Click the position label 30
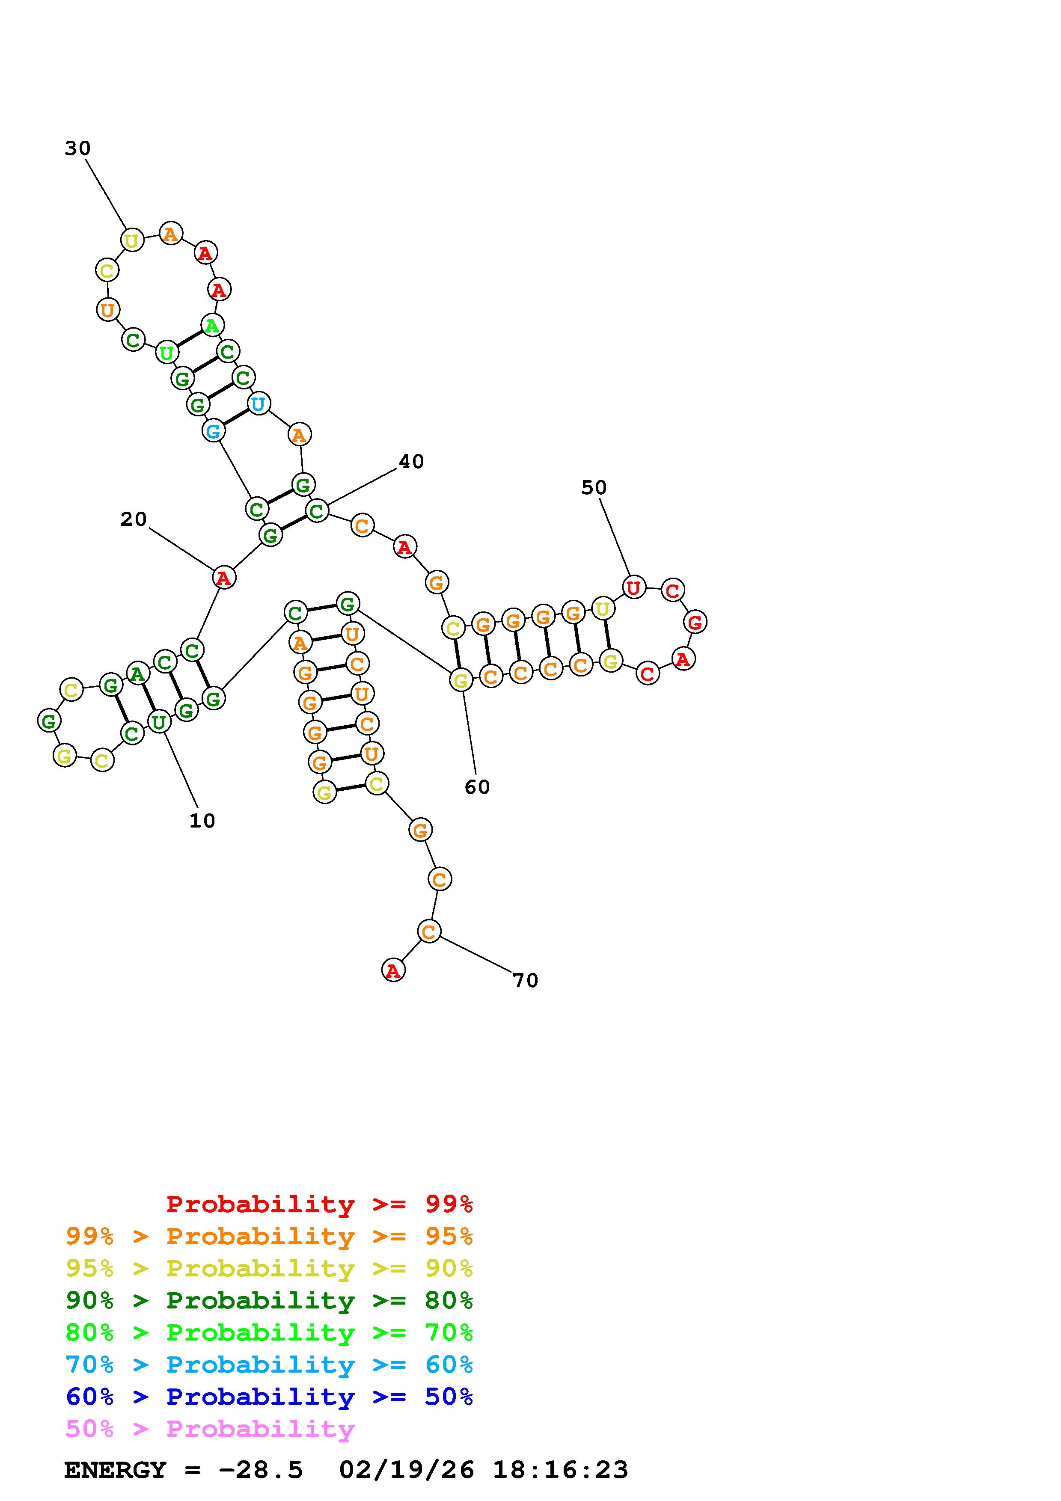[x=77, y=149]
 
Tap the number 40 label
[x=411, y=462]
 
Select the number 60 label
[x=477, y=787]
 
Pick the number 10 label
[x=202, y=821]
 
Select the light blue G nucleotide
[x=213, y=431]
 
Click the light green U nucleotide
[x=166, y=353]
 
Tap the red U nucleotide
[x=633, y=588]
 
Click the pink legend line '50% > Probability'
[x=210, y=1429]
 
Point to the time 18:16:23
[x=560, y=1470]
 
